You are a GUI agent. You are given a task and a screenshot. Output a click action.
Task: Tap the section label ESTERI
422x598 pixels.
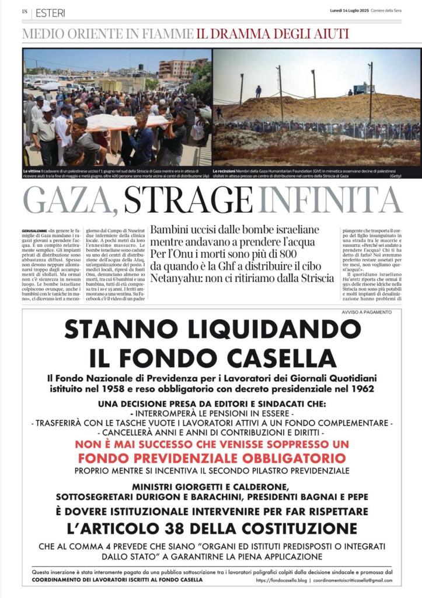click(50, 12)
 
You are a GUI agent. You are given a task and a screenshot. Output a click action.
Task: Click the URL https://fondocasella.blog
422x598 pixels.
click(280, 580)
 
